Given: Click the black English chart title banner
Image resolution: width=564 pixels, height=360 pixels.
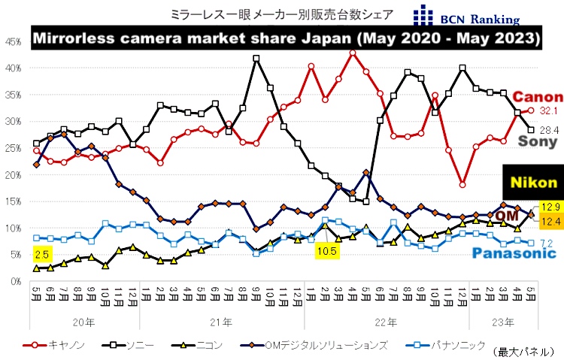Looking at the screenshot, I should click(x=285, y=37).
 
